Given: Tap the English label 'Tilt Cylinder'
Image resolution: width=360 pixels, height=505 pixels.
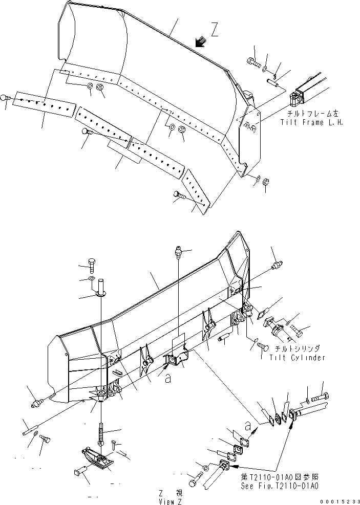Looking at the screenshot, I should coord(297,358).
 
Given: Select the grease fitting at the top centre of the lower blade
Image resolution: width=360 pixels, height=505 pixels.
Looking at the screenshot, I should coord(177,251).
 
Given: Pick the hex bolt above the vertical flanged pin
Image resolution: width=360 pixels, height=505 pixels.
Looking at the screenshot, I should coord(92,265).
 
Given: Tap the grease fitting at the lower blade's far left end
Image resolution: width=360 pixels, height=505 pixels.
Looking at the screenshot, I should coord(36,404).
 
